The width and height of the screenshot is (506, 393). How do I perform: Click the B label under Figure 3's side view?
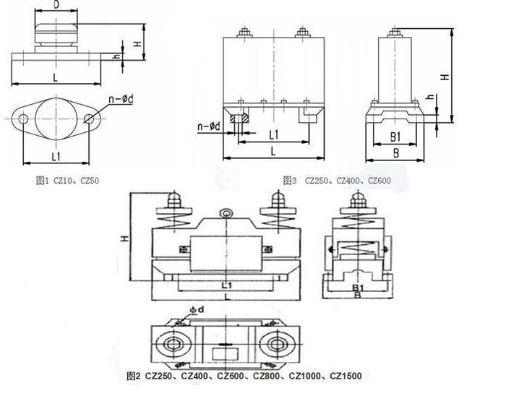(x=395, y=152)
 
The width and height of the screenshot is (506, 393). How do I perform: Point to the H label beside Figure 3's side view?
(x=446, y=76)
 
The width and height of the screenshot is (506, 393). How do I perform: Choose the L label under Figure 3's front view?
(x=273, y=150)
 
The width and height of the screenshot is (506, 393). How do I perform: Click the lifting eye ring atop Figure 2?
(x=227, y=213)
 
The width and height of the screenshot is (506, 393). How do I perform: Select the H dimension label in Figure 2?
(x=124, y=238)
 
